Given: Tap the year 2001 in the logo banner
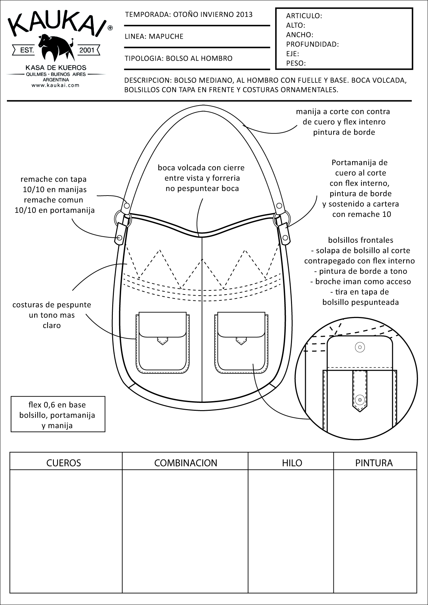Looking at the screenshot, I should coord(87,50).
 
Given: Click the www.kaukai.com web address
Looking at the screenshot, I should coord(56,85).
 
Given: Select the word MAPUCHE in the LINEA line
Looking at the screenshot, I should coord(166,37).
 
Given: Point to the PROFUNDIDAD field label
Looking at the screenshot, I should coord(312,44).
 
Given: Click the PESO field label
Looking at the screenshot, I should coord(296,63).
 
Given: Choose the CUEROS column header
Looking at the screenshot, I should coord(64,463).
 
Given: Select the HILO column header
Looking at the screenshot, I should coord(292,463).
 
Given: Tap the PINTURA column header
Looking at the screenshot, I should coord(374,463).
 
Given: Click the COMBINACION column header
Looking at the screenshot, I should coord(186,463).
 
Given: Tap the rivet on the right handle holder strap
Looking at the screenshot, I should coord(285,238).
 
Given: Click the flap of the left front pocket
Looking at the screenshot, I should coord(162,325).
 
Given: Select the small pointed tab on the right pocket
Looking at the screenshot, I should coord(241,341).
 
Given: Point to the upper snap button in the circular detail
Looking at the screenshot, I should coord(360,347).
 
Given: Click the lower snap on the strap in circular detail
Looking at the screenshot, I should coord(360,399).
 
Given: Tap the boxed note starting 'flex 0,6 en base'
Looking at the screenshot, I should coord(58,415).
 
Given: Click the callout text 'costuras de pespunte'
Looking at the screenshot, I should coord(52,305).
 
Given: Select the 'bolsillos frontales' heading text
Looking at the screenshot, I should coord(361,240).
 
